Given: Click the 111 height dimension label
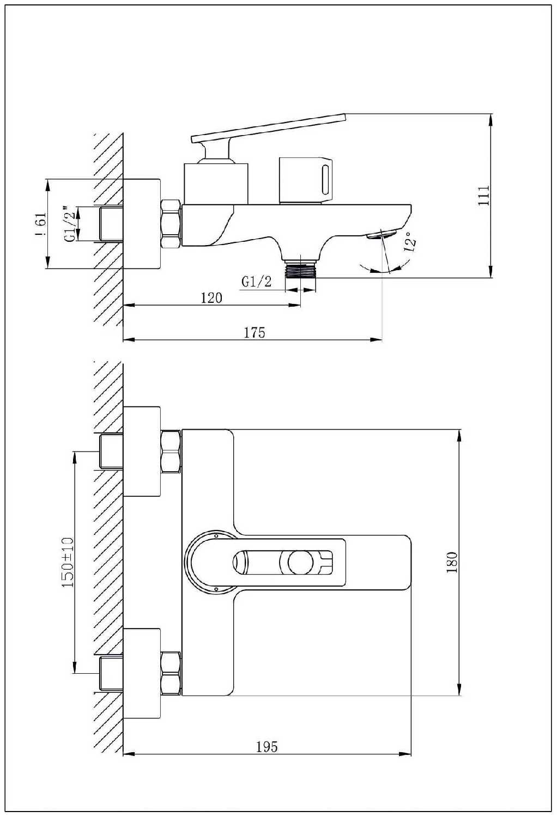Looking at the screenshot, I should [x=484, y=196].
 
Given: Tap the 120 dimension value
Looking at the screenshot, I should [x=211, y=297].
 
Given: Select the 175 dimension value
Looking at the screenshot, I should [x=254, y=332].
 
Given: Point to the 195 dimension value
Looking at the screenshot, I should [x=267, y=746].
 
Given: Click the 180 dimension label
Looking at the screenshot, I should [x=452, y=563].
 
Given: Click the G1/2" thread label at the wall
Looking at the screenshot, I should [x=69, y=223].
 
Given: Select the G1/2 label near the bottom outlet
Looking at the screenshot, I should [x=256, y=281].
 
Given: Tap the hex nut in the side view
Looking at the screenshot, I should [x=171, y=224].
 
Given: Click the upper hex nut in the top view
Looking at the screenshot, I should [x=171, y=451].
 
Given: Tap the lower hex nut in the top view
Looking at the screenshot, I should [x=171, y=673].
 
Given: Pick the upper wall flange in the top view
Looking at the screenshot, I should [x=142, y=452].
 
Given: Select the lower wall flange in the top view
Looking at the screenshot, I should [x=142, y=673].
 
